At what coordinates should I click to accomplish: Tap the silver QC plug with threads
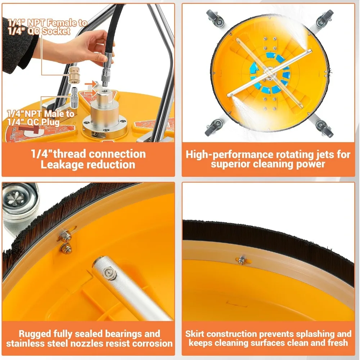[x=75, y=98]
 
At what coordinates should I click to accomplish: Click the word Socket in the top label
[x=56, y=31]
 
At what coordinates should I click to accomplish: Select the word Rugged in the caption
[x=35, y=334]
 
